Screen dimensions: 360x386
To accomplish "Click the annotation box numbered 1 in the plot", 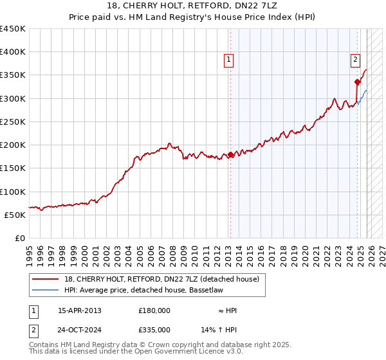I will [228, 60].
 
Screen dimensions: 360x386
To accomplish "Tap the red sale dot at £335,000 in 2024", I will [357, 82].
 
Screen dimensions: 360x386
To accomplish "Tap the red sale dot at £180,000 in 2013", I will [230, 154].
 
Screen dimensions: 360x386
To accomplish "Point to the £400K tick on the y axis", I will [13, 52].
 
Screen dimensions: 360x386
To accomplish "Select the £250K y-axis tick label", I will [13, 122].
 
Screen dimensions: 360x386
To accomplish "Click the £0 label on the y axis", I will [20, 238].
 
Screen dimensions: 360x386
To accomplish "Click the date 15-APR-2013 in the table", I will [79, 310].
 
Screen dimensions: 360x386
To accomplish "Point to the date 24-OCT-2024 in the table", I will [80, 329].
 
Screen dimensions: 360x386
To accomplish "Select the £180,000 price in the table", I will [154, 310].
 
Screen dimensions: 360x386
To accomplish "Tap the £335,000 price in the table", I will [154, 329].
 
